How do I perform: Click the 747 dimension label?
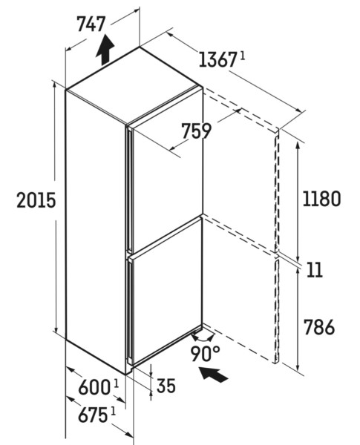tap(91, 24)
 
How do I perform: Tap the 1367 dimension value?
tap(217, 60)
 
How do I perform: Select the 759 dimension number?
tap(197, 131)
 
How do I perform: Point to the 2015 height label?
tap(36, 200)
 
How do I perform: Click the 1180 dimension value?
tap(321, 199)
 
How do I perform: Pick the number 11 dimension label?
tap(315, 270)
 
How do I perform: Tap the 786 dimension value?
tap(319, 327)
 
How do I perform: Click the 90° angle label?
tap(205, 354)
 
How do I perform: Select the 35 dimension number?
tap(166, 386)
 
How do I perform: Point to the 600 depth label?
tap(94, 388)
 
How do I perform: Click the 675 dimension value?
tap(93, 415)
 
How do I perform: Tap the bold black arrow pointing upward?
tap(105, 50)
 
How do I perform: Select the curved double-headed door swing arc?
tap(203, 339)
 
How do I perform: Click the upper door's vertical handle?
tap(130, 189)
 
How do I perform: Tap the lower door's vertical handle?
tap(130, 311)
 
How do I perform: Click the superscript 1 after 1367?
tap(242, 56)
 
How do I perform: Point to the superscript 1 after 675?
tap(113, 411)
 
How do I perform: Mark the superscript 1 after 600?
tap(116, 384)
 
